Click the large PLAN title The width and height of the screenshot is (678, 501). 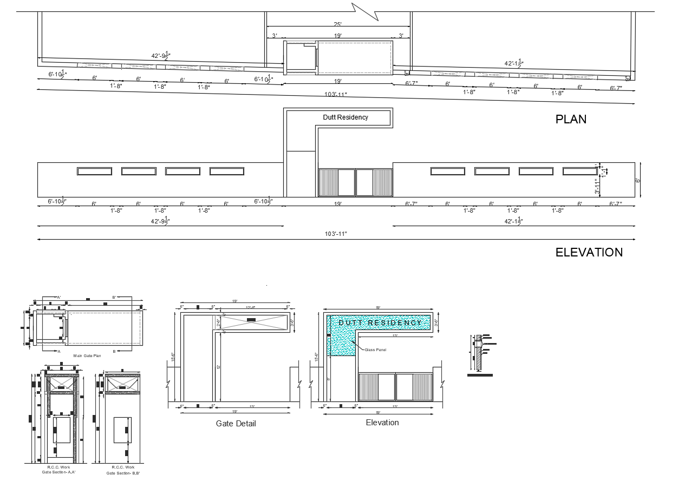571,119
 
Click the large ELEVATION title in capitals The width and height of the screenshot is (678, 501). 589,252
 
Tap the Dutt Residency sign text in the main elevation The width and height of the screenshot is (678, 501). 345,117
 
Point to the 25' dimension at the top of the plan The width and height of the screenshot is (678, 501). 338,24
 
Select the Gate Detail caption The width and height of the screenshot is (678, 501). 236,424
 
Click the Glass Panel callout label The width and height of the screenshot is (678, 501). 375,350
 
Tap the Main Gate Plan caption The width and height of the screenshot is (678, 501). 87,355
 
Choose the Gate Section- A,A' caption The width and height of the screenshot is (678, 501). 58,472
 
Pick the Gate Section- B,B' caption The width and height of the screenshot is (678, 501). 123,473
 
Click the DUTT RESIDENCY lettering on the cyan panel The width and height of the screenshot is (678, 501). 380,323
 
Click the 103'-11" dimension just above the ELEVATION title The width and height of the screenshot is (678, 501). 336,234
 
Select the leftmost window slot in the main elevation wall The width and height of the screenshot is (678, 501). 94,172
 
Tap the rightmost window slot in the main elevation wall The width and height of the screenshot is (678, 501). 579,172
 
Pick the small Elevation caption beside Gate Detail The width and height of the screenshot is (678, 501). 382,423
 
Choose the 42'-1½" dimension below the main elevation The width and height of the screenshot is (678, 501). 513,221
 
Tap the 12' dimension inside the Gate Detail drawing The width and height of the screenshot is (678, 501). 219,367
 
